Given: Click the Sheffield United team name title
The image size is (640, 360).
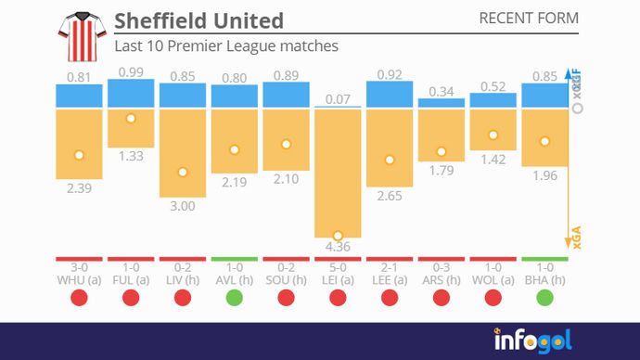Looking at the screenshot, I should [x=198, y=20].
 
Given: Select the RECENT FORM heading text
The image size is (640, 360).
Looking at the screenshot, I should [x=528, y=19].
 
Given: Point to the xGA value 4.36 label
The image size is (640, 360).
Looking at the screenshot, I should [x=338, y=247].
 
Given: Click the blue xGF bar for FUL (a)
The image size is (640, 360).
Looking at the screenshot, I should [x=131, y=93].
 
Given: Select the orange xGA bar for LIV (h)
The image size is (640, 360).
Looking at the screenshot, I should [x=183, y=152].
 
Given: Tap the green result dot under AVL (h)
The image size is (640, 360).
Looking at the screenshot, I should [x=234, y=298].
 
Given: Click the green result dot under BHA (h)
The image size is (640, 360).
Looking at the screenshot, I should [x=544, y=298].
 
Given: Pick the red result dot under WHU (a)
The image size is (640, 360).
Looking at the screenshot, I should [x=79, y=298].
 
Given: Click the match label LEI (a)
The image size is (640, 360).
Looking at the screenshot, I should [x=338, y=279].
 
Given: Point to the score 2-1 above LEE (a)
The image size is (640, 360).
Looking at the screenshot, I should [x=390, y=267].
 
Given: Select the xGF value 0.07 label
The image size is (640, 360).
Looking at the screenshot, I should [x=338, y=99].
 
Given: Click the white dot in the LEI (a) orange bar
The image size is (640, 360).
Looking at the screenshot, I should [x=338, y=236].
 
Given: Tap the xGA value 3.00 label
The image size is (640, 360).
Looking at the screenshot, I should [x=183, y=206].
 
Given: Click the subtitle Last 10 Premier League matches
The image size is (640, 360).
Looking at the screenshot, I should [x=225, y=45].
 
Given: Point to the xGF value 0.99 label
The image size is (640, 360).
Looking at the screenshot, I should [x=131, y=71].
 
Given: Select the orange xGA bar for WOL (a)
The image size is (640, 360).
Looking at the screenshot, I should [x=493, y=129].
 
